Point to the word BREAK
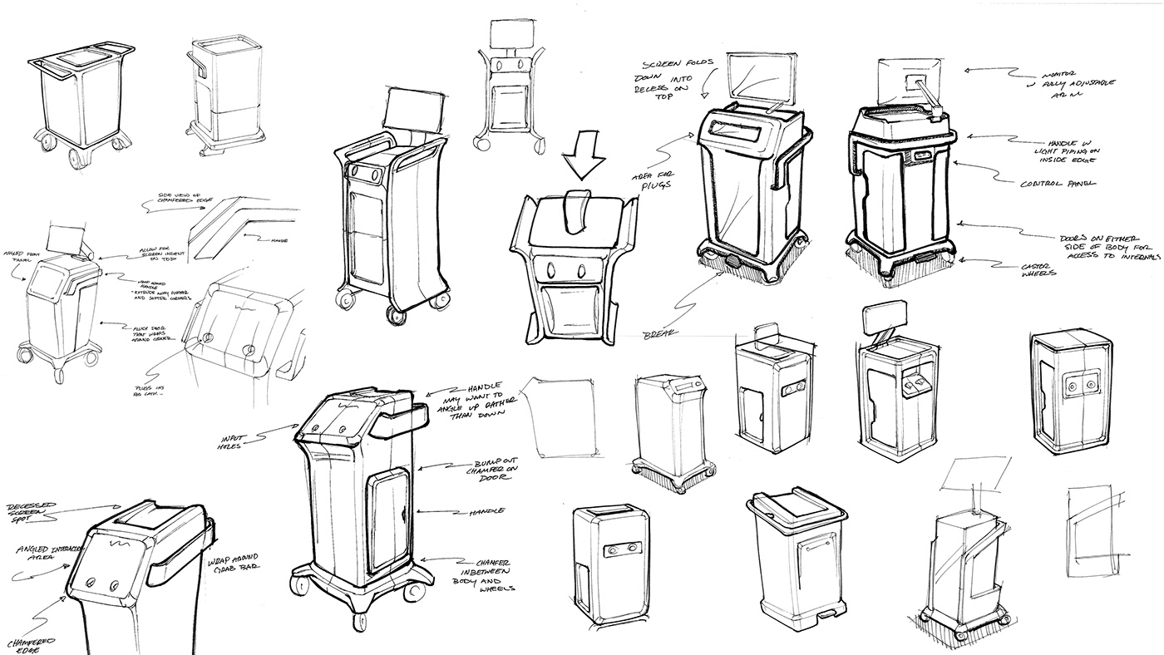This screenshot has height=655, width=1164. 662,333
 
